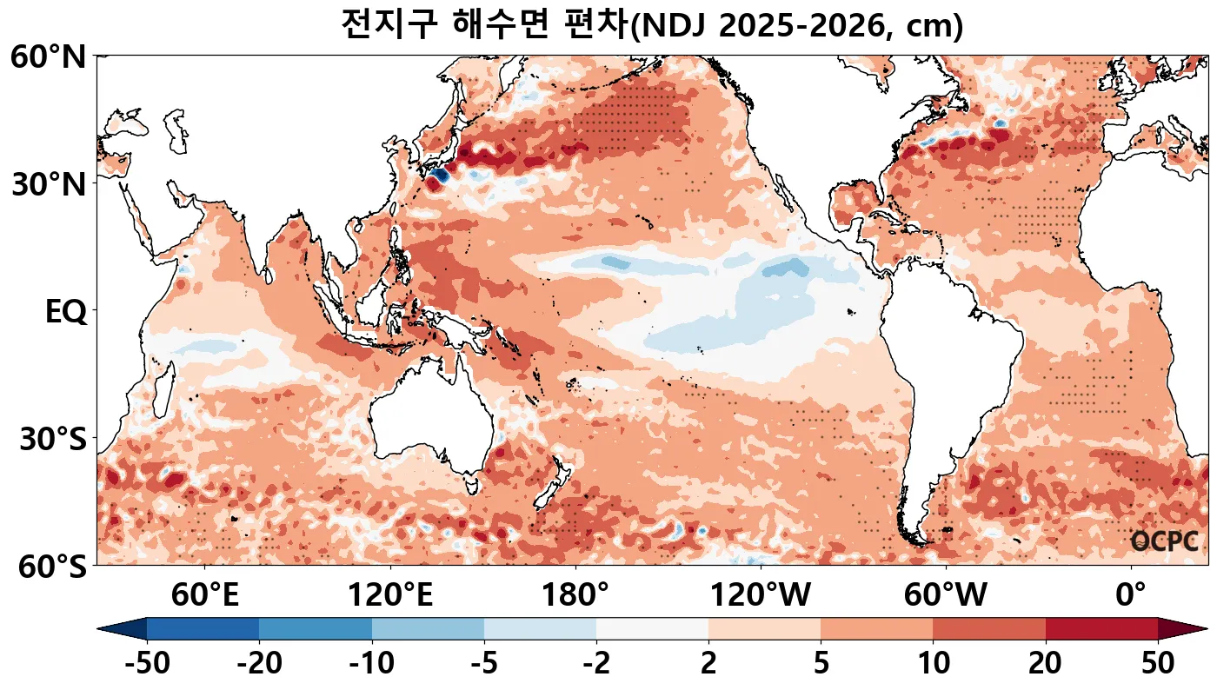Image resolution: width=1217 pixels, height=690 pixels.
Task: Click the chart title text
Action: [652, 25]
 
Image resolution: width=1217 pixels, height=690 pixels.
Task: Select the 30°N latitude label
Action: [49, 184]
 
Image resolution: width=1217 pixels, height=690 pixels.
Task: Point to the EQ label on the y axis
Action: [65, 312]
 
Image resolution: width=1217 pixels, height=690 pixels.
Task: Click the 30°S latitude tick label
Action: [52, 439]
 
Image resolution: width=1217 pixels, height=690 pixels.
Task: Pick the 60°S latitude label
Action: [49, 567]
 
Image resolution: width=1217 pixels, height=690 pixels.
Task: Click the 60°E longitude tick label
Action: [205, 596]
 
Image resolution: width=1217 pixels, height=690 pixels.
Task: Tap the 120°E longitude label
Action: [390, 596]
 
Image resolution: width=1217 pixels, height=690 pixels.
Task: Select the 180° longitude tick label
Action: [575, 596]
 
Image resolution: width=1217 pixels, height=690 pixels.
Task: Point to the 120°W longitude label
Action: [761, 596]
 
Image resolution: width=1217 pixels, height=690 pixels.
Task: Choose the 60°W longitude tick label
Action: [946, 596]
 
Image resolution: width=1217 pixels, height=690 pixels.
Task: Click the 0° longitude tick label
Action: [1130, 596]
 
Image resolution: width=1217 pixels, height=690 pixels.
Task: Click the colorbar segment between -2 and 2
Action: [652, 629]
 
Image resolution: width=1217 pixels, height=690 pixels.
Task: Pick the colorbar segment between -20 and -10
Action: [316, 629]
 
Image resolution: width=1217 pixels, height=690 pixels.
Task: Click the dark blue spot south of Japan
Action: [438, 176]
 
